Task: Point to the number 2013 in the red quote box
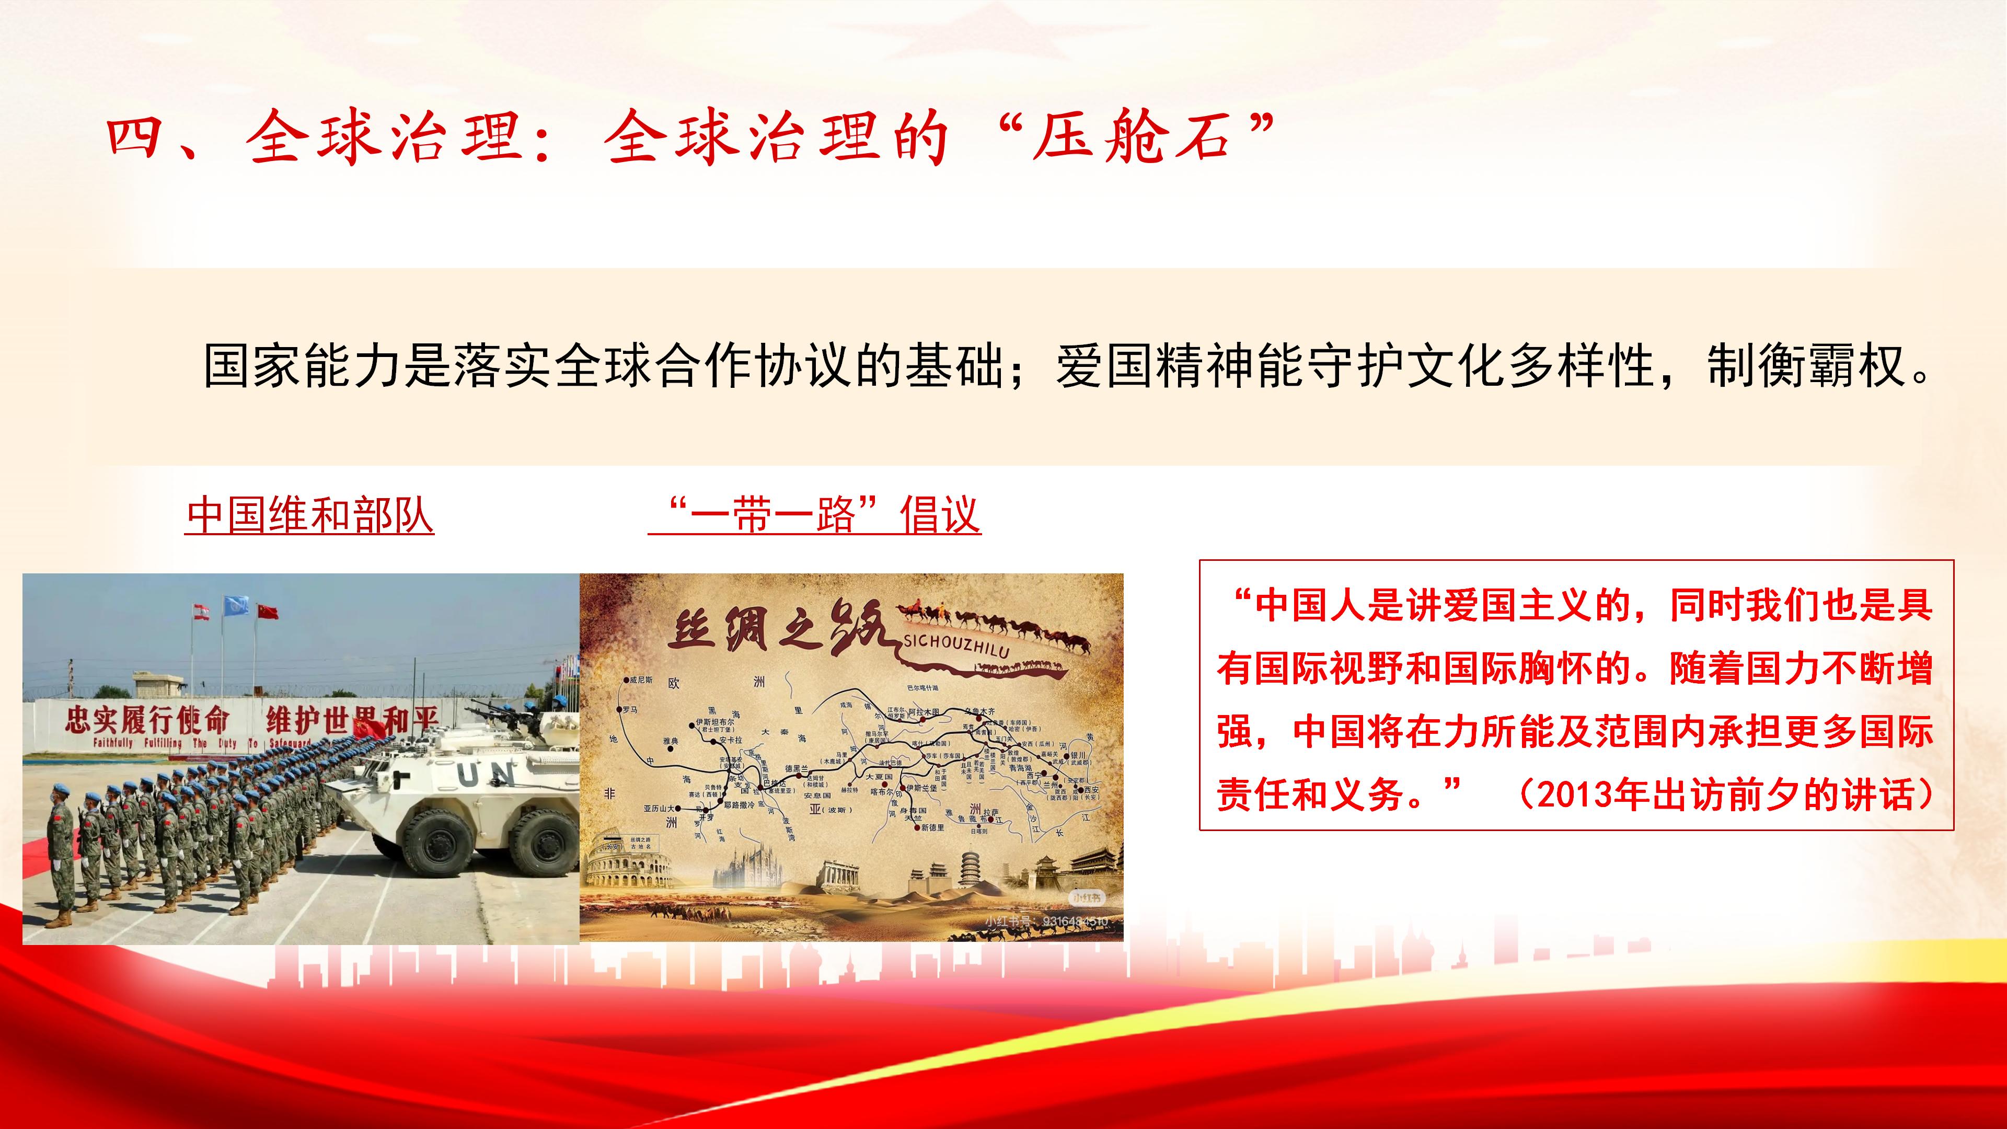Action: click(1575, 794)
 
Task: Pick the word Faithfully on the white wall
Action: click(113, 743)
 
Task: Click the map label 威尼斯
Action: click(640, 680)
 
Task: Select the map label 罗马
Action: click(630, 710)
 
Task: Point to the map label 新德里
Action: click(932, 827)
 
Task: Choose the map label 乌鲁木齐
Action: click(979, 712)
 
